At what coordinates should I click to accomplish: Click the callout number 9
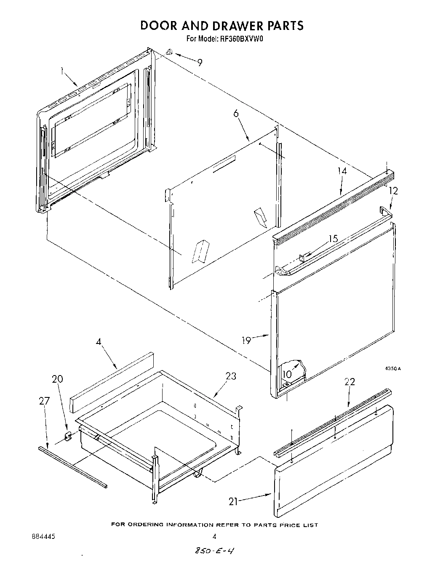200,62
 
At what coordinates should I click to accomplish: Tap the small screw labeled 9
169,52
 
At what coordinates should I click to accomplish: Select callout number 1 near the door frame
62,72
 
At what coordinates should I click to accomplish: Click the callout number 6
236,114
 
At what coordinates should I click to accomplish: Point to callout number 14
342,171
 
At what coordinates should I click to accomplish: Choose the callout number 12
393,191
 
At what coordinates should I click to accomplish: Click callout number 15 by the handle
333,239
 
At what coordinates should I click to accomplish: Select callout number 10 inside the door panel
286,374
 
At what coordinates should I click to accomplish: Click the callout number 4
99,342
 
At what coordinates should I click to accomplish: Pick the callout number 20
57,379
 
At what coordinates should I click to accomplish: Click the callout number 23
231,376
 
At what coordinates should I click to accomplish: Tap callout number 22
350,382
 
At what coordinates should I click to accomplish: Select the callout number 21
233,501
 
